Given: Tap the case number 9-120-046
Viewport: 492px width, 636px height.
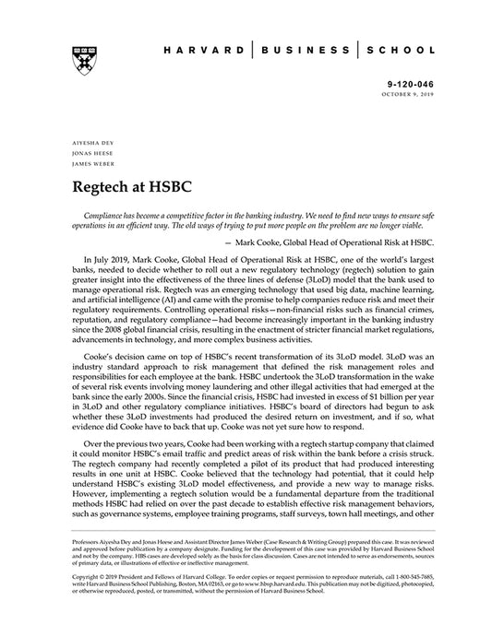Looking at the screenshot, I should (410, 83).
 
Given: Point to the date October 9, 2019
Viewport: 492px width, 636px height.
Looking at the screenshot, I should (406, 93).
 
